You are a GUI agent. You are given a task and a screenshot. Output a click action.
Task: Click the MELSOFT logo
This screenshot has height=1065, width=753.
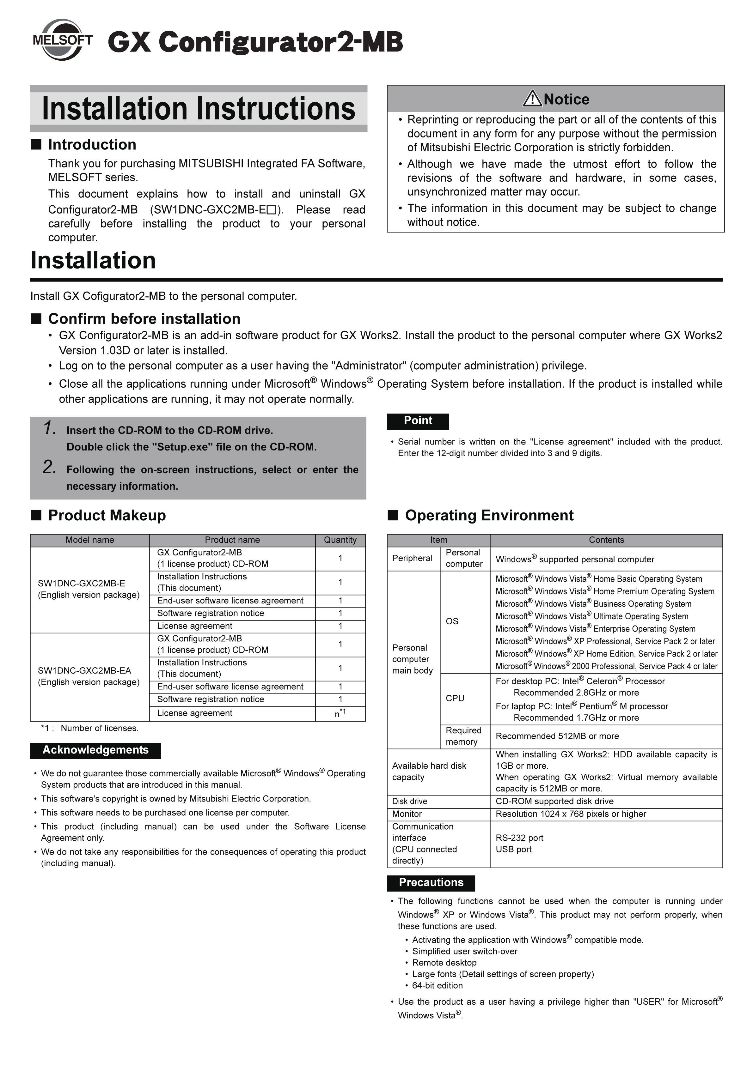click(x=62, y=40)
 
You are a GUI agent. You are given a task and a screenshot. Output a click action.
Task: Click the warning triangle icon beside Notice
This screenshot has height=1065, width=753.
click(x=532, y=99)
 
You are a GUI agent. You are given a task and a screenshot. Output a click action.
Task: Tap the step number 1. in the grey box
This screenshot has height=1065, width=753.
click(x=50, y=428)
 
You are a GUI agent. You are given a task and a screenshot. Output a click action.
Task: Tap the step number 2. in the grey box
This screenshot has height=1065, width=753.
click(x=50, y=467)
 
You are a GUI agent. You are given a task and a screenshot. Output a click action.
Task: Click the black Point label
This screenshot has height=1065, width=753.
click(x=418, y=421)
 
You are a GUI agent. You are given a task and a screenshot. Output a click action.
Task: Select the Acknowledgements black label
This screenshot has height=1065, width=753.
click(x=96, y=750)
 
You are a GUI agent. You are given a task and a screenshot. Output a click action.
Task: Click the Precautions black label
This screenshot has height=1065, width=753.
click(x=431, y=882)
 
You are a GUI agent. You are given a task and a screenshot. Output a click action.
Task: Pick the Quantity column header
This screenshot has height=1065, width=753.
click(x=340, y=540)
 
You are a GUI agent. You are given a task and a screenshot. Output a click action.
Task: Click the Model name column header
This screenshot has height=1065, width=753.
click(x=89, y=540)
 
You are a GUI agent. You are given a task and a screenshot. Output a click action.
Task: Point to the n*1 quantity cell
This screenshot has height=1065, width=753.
click(x=340, y=713)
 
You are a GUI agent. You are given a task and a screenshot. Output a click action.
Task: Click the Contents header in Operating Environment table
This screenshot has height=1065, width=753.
click(x=606, y=540)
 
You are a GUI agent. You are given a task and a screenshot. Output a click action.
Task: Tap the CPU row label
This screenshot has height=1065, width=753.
click(x=455, y=699)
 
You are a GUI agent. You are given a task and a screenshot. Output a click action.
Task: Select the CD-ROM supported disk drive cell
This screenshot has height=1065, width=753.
click(x=554, y=801)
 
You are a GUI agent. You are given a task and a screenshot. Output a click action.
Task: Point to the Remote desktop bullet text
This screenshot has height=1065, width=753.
click(x=444, y=963)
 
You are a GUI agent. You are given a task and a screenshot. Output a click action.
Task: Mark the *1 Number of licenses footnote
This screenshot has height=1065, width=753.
click(x=90, y=728)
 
